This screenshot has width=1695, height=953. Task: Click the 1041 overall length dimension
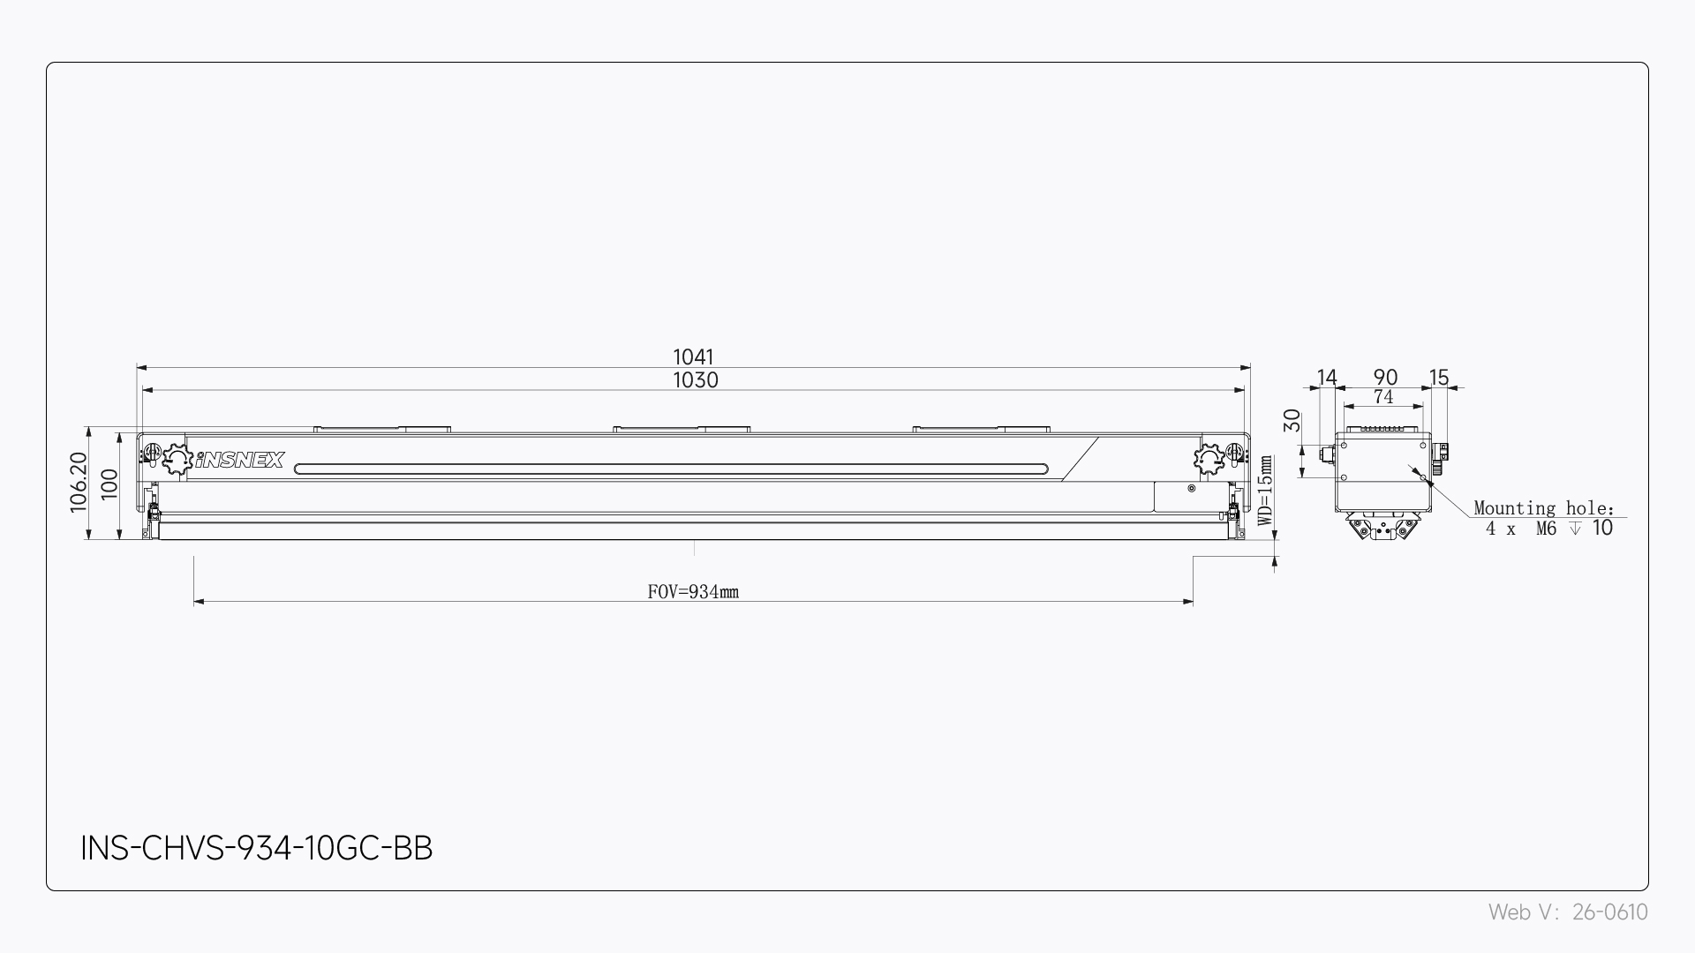click(693, 356)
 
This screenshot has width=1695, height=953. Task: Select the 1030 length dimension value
click(696, 380)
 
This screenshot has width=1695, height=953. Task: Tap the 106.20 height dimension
click(79, 482)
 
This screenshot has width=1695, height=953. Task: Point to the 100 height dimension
click(109, 484)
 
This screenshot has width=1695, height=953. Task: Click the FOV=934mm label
click(693, 592)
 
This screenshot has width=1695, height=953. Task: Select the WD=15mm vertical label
click(1265, 491)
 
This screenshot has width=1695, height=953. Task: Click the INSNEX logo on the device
click(239, 460)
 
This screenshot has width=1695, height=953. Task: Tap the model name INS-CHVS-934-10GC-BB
click(257, 848)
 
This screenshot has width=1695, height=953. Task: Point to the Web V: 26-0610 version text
click(1568, 912)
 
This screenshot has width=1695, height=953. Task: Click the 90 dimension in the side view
click(1385, 378)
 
